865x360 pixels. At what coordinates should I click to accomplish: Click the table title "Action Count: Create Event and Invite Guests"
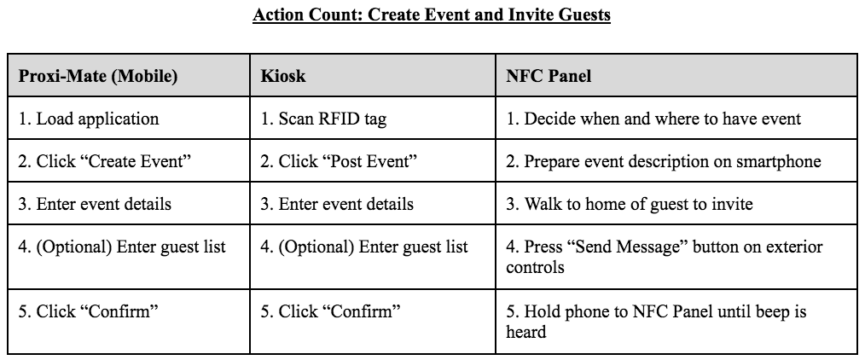pos(432,14)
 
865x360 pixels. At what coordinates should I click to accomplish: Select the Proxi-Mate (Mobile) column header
pos(98,76)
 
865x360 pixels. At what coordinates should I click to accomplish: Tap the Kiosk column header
pos(283,76)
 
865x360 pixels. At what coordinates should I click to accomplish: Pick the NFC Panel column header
pos(549,76)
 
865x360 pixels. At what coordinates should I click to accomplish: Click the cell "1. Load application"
pos(88,119)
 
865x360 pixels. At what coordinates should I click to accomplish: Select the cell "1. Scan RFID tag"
pos(323,119)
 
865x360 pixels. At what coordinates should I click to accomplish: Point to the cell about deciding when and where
pos(653,119)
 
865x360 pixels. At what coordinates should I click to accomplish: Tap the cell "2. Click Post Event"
pos(339,161)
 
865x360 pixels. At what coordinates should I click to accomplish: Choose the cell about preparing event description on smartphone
pos(663,161)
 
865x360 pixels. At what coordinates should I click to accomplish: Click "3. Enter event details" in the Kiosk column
pos(336,204)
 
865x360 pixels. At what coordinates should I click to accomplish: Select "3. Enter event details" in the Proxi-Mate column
pos(95,204)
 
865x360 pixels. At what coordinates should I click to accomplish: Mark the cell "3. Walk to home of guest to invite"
pos(629,204)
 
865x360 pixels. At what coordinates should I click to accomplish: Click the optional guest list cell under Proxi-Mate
pos(121,247)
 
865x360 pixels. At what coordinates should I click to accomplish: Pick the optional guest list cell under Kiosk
pos(363,247)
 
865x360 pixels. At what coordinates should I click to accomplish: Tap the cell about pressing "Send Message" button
pos(665,257)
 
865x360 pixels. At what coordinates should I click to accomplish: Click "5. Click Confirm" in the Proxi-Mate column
pos(88,311)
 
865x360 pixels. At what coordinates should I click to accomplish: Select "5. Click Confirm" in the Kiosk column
pos(330,311)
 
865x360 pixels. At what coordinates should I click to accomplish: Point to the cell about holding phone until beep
pos(656,322)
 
